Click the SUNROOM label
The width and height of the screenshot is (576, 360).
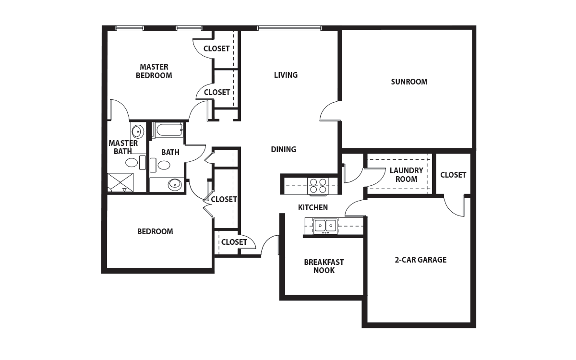409,82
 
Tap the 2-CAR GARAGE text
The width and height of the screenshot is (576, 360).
420,260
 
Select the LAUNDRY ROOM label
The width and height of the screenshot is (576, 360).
406,175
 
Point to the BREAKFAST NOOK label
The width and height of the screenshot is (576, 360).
324,266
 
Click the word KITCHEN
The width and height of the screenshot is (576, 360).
313,207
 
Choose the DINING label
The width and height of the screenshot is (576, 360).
284,149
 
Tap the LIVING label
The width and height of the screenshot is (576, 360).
286,75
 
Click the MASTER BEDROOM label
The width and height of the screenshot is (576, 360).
154,71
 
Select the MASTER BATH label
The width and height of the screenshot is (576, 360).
123,147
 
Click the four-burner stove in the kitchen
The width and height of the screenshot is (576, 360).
318,186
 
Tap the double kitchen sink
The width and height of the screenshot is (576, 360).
325,226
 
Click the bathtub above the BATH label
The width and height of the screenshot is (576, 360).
168,130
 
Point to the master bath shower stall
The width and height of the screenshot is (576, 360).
120,182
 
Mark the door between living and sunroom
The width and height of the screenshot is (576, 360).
331,111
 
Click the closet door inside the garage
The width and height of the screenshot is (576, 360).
455,206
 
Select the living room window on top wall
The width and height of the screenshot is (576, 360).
289,28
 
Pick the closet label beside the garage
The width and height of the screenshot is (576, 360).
453,175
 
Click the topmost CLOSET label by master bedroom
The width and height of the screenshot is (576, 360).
216,48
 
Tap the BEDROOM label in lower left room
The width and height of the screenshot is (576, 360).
155,232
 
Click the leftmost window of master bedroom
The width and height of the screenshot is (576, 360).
129,28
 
